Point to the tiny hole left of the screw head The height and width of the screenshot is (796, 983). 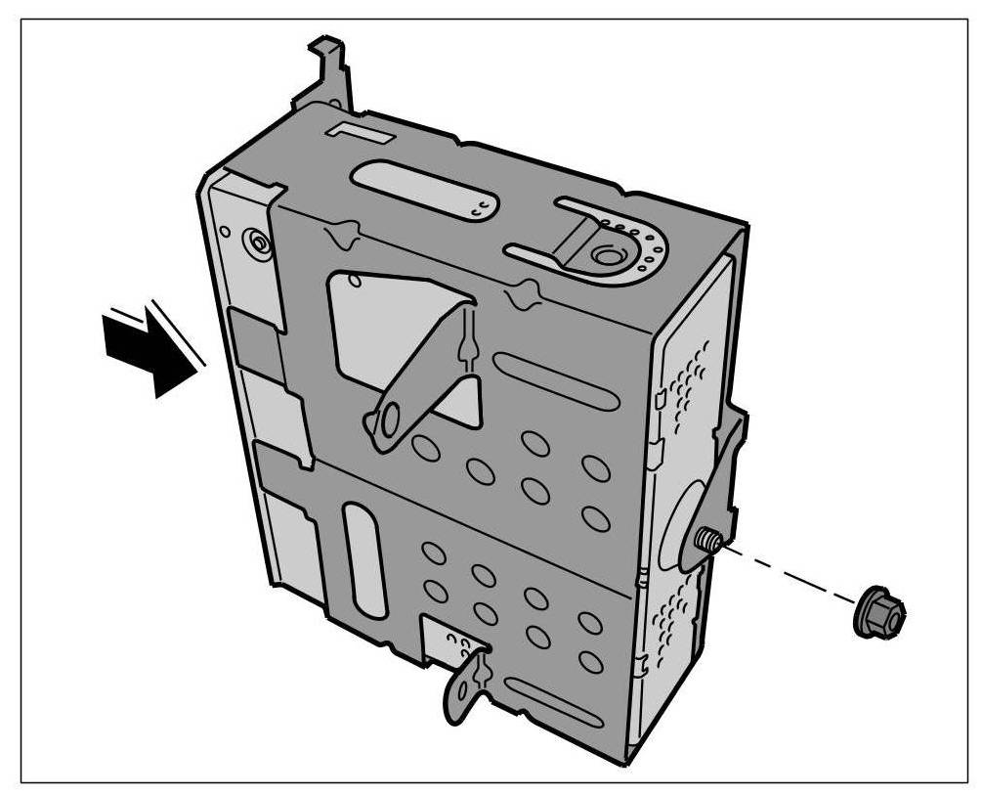[226, 233]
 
